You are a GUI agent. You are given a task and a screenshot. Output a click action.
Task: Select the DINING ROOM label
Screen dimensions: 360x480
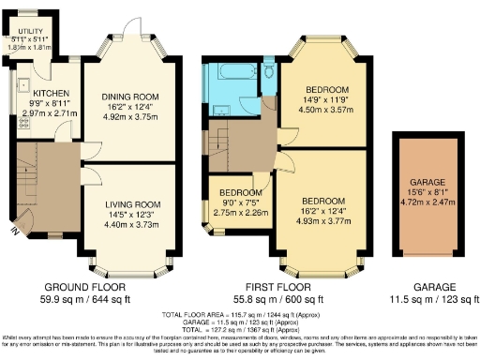pyautogui.click(x=130, y=97)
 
